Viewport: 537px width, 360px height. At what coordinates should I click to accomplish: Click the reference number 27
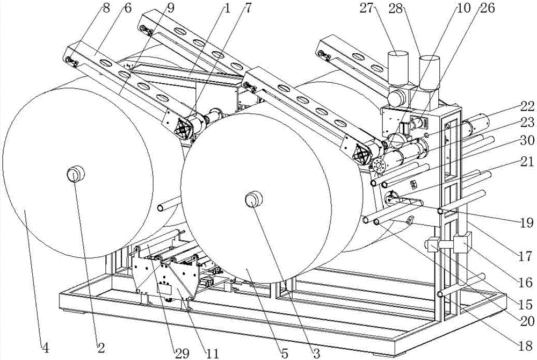coord(367,9)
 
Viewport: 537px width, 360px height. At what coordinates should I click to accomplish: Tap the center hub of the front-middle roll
coord(254,200)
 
